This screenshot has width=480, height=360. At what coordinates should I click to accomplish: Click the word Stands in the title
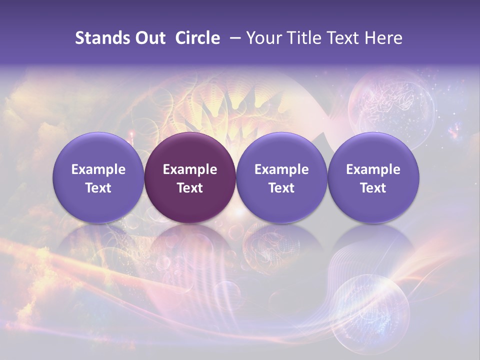click(102, 38)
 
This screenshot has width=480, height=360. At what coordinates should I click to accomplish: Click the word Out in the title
click(150, 38)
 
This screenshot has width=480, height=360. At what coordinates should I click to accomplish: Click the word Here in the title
click(384, 38)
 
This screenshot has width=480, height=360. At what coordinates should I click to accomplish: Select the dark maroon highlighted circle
click(190, 177)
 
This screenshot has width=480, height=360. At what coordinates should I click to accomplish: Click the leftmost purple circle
click(98, 177)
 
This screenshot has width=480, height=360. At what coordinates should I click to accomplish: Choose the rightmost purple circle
click(373, 177)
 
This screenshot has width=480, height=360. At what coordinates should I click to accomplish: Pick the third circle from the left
click(281, 177)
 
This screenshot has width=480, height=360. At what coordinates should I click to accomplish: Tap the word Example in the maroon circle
click(190, 169)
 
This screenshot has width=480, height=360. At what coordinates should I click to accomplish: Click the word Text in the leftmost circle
click(98, 188)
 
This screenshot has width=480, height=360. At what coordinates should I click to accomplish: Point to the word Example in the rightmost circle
click(373, 169)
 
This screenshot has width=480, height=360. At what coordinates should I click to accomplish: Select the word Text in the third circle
click(281, 188)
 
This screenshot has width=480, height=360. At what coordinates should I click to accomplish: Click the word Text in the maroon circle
click(190, 188)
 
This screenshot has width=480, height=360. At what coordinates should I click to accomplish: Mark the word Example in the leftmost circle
click(98, 169)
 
